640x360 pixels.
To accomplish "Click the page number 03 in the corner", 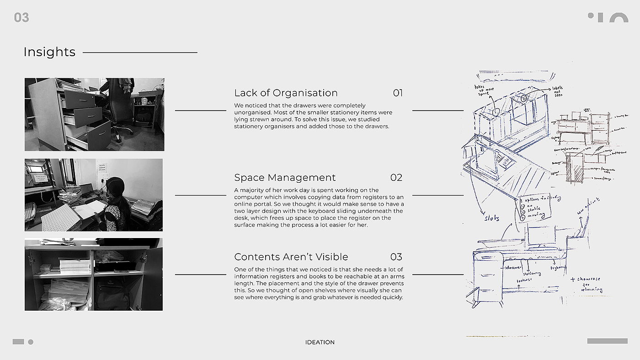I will point(21,17).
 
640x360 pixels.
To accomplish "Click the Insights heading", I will point(49,52).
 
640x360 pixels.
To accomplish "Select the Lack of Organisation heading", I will point(286,93).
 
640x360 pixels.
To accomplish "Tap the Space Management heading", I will point(285,178).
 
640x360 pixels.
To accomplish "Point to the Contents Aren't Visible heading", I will point(291,257).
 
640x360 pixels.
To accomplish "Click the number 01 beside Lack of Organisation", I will point(398,93).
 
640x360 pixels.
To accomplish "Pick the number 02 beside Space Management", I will point(396,178).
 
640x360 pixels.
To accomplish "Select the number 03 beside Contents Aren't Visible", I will point(396,257).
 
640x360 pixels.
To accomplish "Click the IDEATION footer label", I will point(320,342).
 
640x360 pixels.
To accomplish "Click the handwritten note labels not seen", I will point(557,91).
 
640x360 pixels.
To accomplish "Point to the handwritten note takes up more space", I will point(484,90).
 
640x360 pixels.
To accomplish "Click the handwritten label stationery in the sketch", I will point(532,273).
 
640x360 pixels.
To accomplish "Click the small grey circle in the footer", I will point(31,342).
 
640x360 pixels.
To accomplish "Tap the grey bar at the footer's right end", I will point(607,341).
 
